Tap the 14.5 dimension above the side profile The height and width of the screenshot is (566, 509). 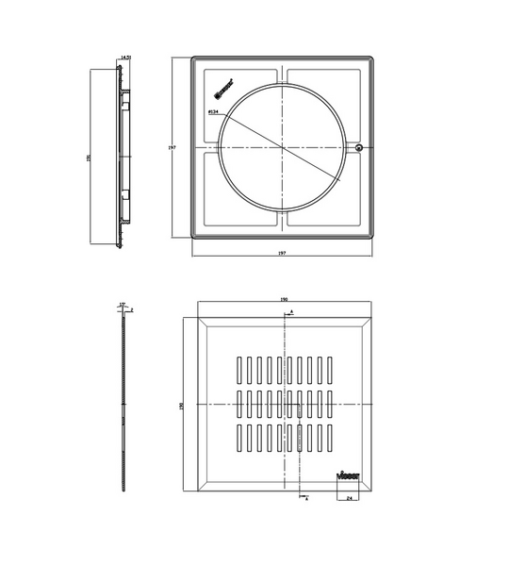coord(125,58)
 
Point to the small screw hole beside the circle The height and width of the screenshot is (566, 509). coord(360,147)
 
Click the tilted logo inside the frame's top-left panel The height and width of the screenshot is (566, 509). coord(224,89)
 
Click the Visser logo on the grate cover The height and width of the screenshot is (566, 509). coord(347,475)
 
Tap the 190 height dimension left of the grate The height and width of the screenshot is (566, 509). coord(181,405)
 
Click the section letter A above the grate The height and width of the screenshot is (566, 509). coord(291,310)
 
